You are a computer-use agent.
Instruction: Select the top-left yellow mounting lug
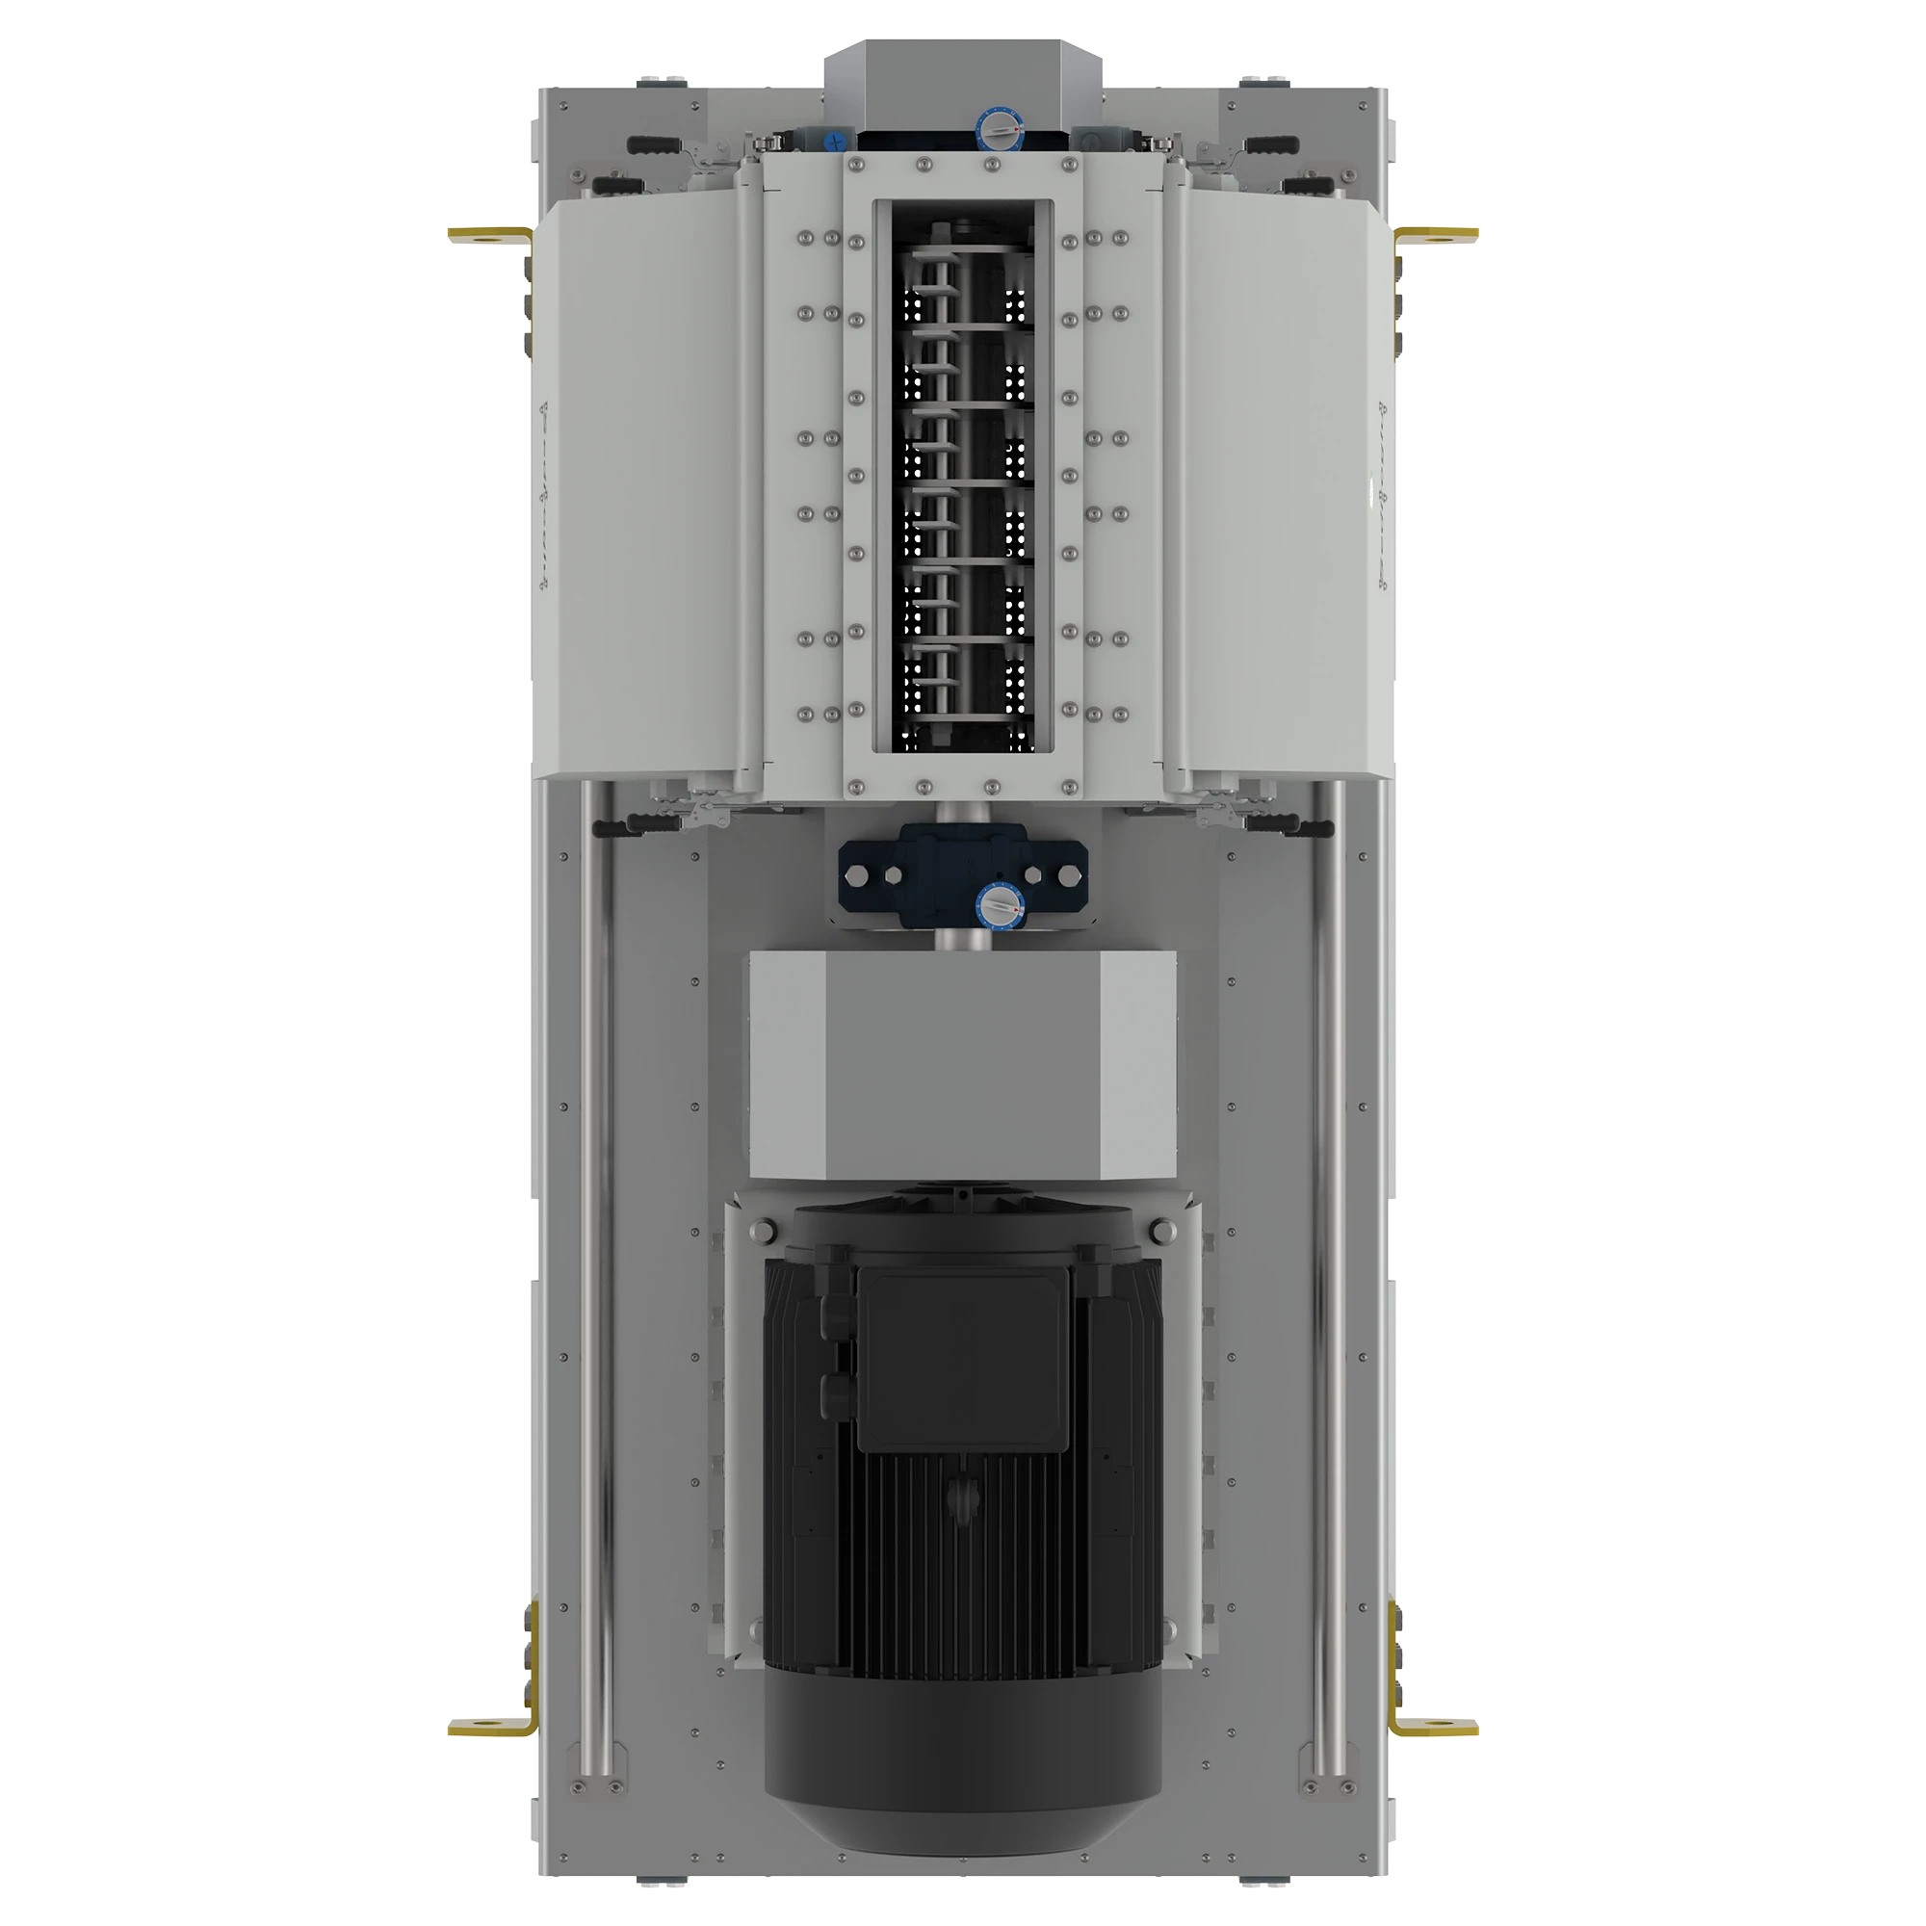point(488,235)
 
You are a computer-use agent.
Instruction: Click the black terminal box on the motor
point(962,1361)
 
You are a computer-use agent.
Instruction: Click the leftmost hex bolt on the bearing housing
point(853,876)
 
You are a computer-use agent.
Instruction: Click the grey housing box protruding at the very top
point(962,75)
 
